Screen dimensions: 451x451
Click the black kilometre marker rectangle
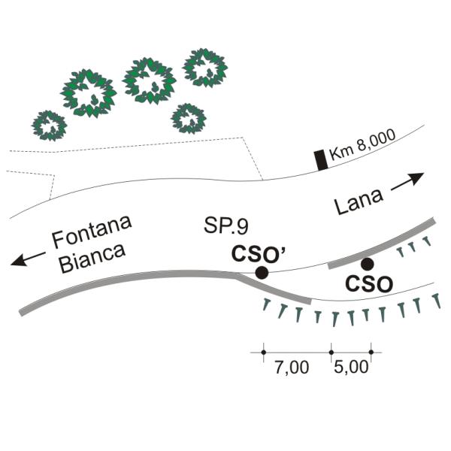[321, 160]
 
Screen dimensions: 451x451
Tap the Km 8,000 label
[362, 144]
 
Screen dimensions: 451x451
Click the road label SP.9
[226, 225]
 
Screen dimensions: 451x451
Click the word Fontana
[92, 232]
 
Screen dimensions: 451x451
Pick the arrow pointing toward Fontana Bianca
[28, 259]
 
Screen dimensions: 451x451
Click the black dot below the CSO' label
[262, 272]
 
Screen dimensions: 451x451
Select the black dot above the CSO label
[368, 264]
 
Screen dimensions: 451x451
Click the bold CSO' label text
[259, 253]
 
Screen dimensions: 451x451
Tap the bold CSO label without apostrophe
[369, 283]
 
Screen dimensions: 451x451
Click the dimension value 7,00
[292, 368]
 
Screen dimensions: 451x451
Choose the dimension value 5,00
[351, 367]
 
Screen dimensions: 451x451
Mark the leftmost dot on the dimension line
[264, 353]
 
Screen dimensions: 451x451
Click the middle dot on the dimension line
[331, 353]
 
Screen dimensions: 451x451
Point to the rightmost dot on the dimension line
[371, 353]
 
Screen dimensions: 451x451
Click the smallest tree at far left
[49, 126]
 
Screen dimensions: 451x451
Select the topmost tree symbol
[205, 68]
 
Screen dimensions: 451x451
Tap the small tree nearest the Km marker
[189, 119]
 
